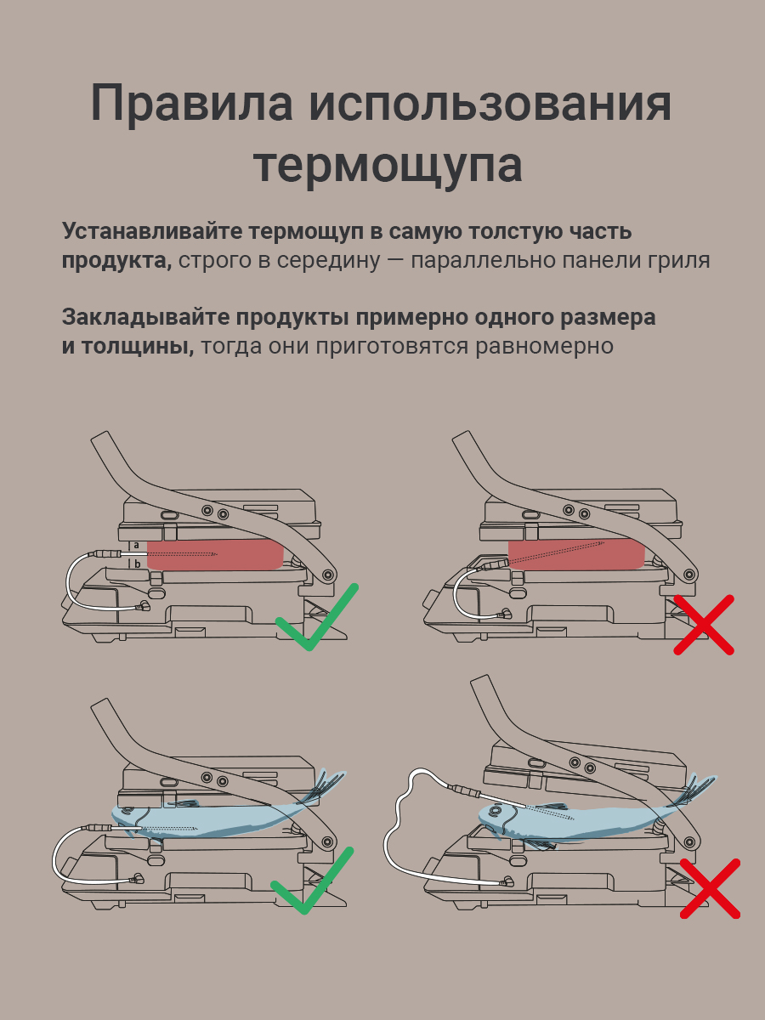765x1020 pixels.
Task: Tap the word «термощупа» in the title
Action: (x=388, y=165)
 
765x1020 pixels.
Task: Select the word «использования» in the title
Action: (x=490, y=104)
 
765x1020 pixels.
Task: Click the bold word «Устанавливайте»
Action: (x=153, y=231)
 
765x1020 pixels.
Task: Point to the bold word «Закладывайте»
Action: (x=145, y=317)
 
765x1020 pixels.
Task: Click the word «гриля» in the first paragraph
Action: (x=675, y=260)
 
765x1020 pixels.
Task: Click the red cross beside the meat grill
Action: (x=704, y=625)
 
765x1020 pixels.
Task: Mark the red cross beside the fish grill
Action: (x=711, y=888)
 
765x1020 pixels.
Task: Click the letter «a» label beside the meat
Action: (x=136, y=545)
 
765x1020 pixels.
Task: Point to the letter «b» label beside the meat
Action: (x=136, y=563)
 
